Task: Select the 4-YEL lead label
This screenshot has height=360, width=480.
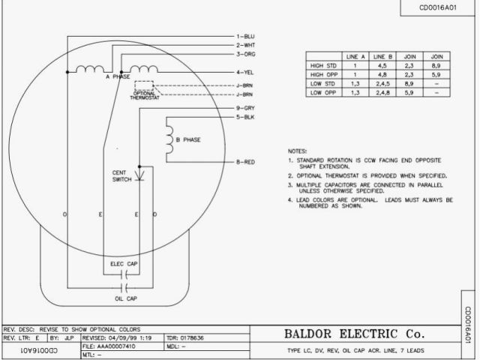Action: (246, 72)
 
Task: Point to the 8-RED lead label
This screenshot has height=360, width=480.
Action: (246, 162)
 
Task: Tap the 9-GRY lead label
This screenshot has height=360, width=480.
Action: (246, 109)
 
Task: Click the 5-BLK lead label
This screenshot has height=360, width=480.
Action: (246, 118)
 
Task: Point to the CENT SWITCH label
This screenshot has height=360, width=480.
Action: (121, 175)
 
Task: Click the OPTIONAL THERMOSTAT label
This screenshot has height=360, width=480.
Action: (144, 95)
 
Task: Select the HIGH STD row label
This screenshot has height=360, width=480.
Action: (322, 66)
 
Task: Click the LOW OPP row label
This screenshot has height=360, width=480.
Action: (322, 93)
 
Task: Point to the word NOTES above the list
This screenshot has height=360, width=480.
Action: (298, 150)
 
